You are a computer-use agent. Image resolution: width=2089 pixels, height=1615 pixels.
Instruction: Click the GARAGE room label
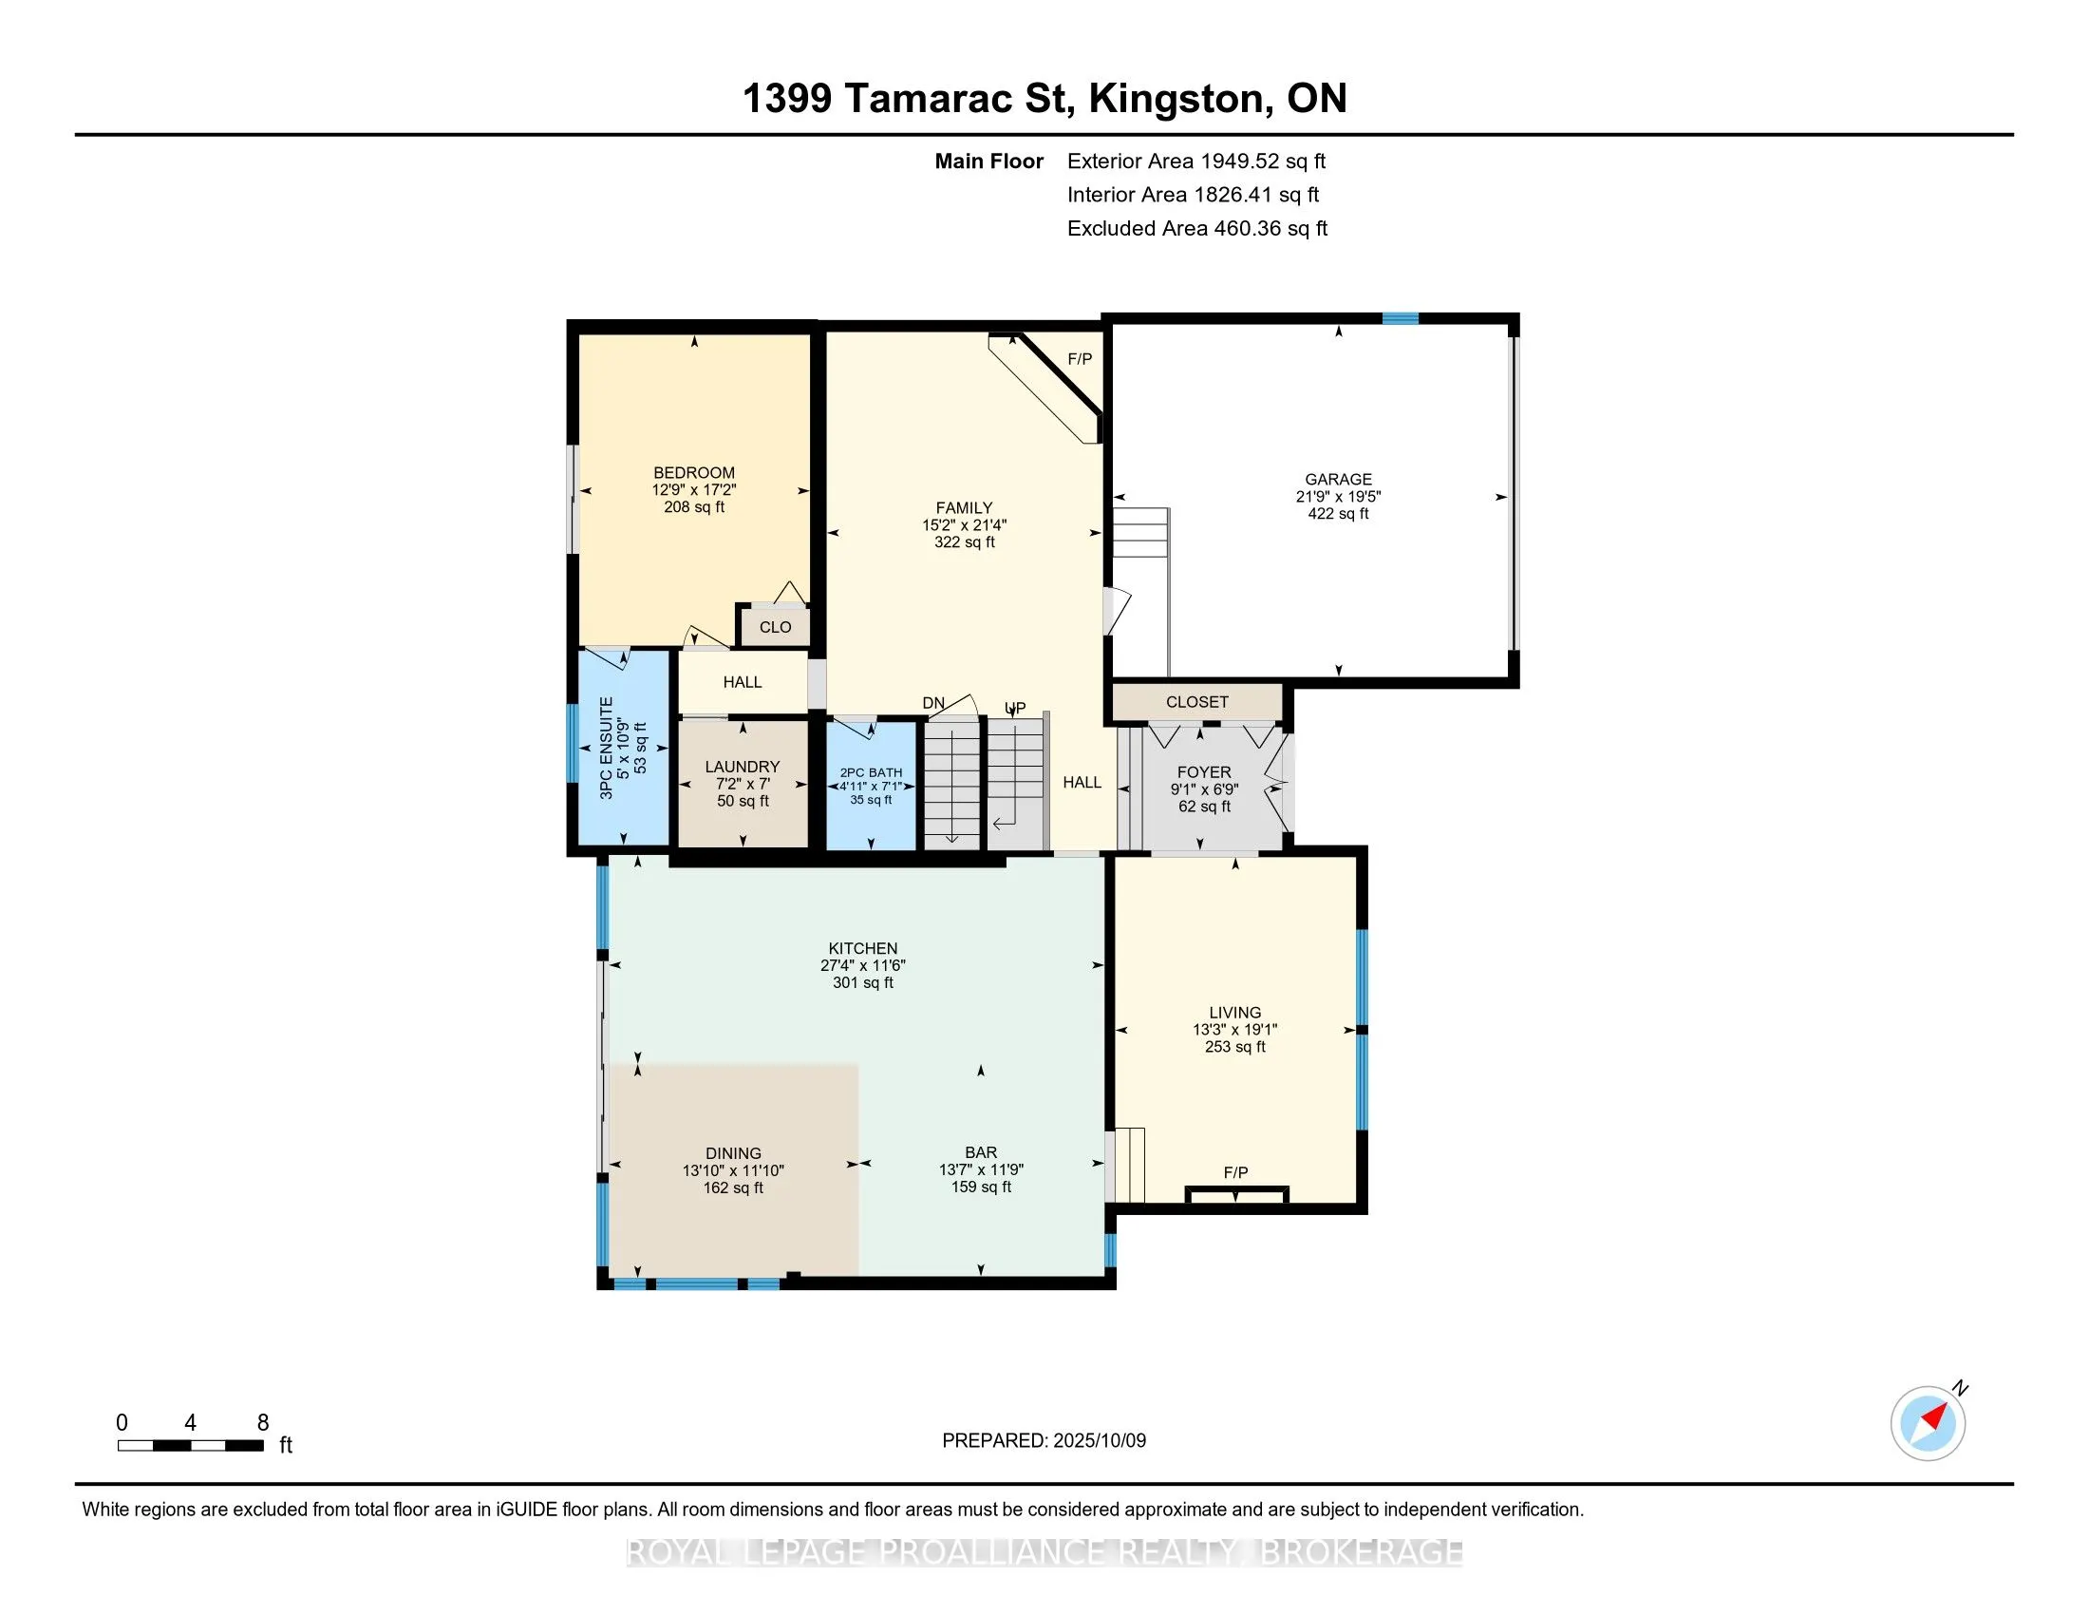(x=1338, y=480)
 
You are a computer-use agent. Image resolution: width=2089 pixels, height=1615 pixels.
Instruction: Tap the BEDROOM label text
(x=693, y=473)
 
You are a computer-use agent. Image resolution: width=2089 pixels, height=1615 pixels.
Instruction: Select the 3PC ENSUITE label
(x=606, y=749)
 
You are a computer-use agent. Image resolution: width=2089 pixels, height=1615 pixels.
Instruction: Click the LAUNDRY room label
(x=743, y=767)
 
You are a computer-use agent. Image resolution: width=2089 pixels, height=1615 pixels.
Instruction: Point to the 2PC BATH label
(x=871, y=773)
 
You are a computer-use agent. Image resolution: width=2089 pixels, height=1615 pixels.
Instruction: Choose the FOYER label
(x=1204, y=772)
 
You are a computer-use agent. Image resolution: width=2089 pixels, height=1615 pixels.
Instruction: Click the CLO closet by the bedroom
(x=775, y=628)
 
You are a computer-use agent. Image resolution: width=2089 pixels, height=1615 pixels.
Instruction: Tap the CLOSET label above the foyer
(x=1196, y=702)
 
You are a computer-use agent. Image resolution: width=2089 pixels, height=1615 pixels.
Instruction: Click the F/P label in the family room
(x=1079, y=360)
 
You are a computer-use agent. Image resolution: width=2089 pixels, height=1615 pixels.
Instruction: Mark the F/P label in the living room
(x=1234, y=1173)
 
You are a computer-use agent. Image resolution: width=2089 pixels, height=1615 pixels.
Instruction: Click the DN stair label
(x=933, y=703)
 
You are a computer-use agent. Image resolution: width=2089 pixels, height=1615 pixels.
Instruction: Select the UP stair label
(x=1015, y=708)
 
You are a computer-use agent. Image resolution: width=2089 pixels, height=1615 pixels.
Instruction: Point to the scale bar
(x=190, y=1446)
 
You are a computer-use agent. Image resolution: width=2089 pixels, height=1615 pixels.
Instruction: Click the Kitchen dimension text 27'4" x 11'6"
(x=863, y=965)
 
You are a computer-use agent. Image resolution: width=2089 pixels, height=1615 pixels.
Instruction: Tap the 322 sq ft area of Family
(x=964, y=542)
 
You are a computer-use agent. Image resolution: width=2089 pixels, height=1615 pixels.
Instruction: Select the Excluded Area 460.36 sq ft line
(x=1197, y=229)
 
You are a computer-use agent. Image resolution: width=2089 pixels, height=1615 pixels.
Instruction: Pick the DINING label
(x=734, y=1154)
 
